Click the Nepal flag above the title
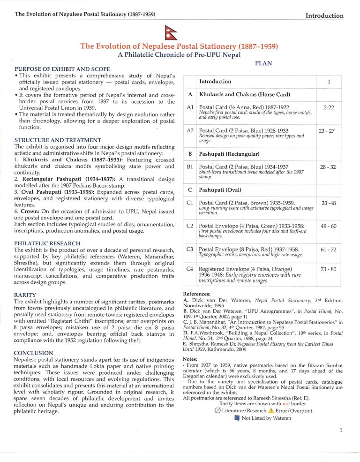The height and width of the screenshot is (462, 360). click(180, 33)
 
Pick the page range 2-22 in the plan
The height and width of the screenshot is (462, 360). click(329, 107)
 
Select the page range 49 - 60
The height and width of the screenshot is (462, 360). click(329, 226)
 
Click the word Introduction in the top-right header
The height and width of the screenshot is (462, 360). click(324, 15)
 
